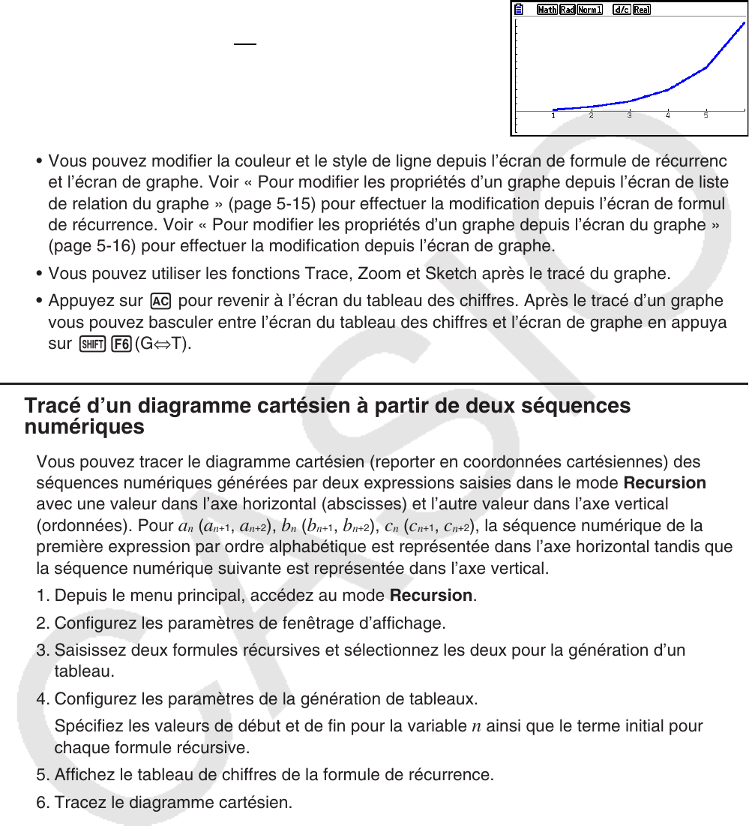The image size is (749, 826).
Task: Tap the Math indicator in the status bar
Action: tap(547, 10)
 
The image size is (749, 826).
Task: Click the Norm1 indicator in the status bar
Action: tap(591, 10)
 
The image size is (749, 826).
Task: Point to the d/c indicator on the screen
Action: tap(621, 10)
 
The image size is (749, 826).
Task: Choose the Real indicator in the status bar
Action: tap(642, 10)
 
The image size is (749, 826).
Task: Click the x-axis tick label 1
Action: tap(553, 116)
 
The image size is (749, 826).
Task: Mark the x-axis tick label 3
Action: tap(630, 116)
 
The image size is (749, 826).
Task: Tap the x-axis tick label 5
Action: tap(706, 116)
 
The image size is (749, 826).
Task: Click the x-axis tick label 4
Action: tap(668, 116)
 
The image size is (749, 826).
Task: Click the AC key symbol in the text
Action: tap(160, 302)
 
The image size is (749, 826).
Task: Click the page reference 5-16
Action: tap(97, 245)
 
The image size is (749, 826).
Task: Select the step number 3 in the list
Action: tap(41, 650)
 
